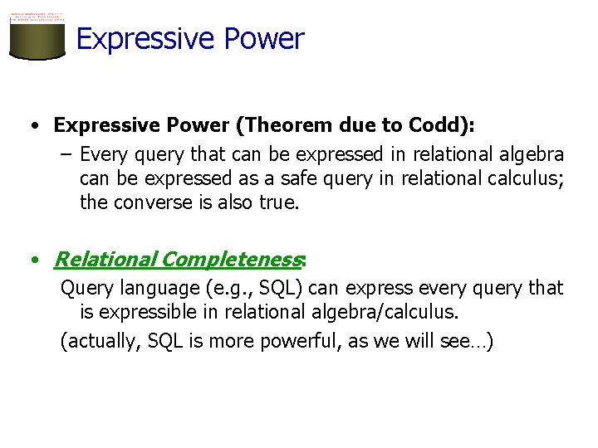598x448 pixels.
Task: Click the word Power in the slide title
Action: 268,39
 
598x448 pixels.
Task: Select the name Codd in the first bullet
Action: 438,125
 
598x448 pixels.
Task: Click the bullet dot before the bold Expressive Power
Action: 32,126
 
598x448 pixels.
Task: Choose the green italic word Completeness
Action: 231,260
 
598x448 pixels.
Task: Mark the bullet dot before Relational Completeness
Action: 32,261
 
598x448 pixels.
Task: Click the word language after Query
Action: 152,288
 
